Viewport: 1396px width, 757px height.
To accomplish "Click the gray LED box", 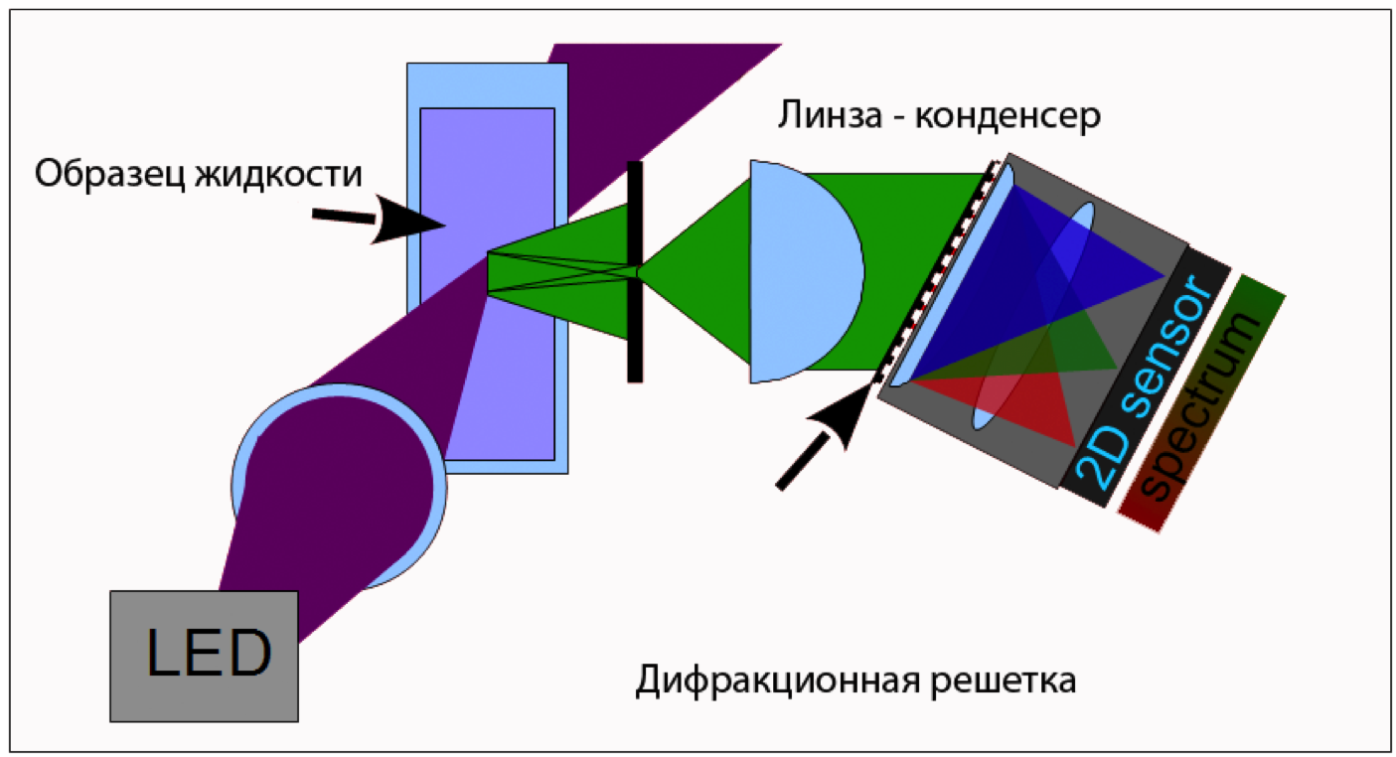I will click(204, 655).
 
